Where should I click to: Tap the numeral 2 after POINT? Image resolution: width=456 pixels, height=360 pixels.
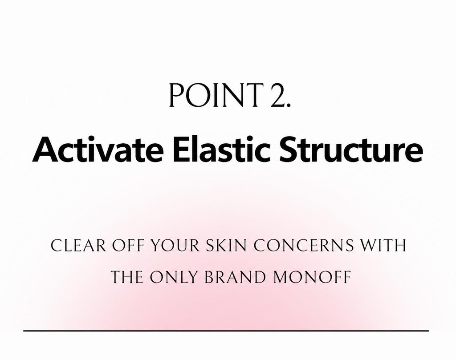278,95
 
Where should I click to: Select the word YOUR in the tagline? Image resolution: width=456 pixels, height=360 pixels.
175,246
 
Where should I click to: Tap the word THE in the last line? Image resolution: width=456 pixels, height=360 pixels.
127,277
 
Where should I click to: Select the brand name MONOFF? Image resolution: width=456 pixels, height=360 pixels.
312,277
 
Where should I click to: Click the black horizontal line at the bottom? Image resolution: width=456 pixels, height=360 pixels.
226,331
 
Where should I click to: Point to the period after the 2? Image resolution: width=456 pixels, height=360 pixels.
289,105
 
